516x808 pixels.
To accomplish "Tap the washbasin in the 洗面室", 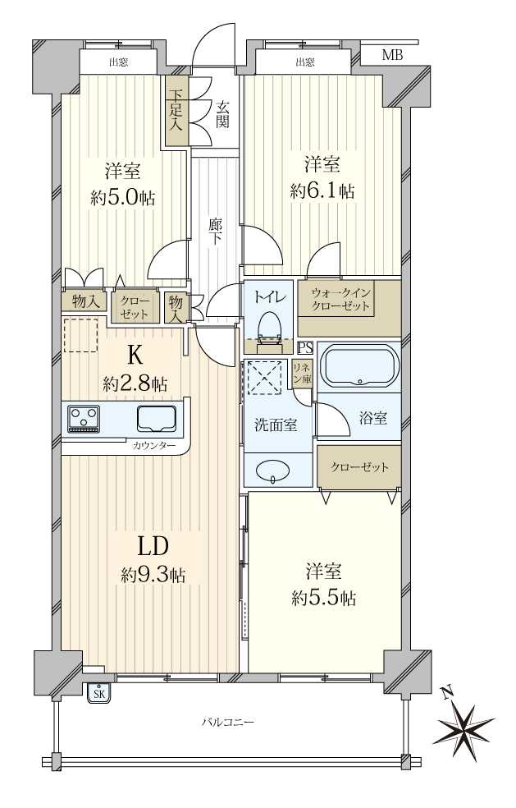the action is coord(273,470).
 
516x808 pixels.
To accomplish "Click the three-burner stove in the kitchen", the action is coord(84,418).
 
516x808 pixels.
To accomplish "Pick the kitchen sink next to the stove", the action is coord(157,418).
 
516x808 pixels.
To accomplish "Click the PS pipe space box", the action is coord(305,348).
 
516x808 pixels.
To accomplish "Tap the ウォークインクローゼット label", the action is coord(340,300).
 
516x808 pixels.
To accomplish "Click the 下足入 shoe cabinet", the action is coord(176,111).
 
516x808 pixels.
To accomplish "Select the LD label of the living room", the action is coord(153,547).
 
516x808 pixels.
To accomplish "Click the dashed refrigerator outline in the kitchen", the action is coord(81,336).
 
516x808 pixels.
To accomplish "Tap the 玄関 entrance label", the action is coord(222,115).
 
